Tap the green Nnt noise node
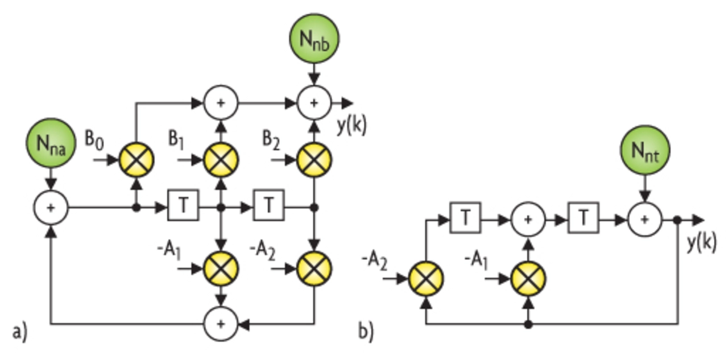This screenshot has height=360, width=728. pos(645,151)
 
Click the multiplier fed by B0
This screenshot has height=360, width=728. pos(136,160)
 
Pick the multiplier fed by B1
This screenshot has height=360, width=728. pos(221,160)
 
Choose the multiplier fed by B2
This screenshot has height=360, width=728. pos(314,160)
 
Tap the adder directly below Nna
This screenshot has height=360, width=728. pos(51,208)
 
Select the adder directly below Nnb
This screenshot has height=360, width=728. pos(314,103)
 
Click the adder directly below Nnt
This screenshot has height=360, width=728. pos(645,220)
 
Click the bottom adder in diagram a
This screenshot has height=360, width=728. pos(221,324)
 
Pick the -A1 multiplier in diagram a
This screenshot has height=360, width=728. pos(221,267)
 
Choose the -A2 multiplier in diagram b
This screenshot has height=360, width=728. pos(426,279)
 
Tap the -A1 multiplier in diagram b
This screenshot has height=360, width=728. pos(528,279)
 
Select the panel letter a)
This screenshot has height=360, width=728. pos(19,331)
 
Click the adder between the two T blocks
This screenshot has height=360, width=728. pos(528,220)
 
